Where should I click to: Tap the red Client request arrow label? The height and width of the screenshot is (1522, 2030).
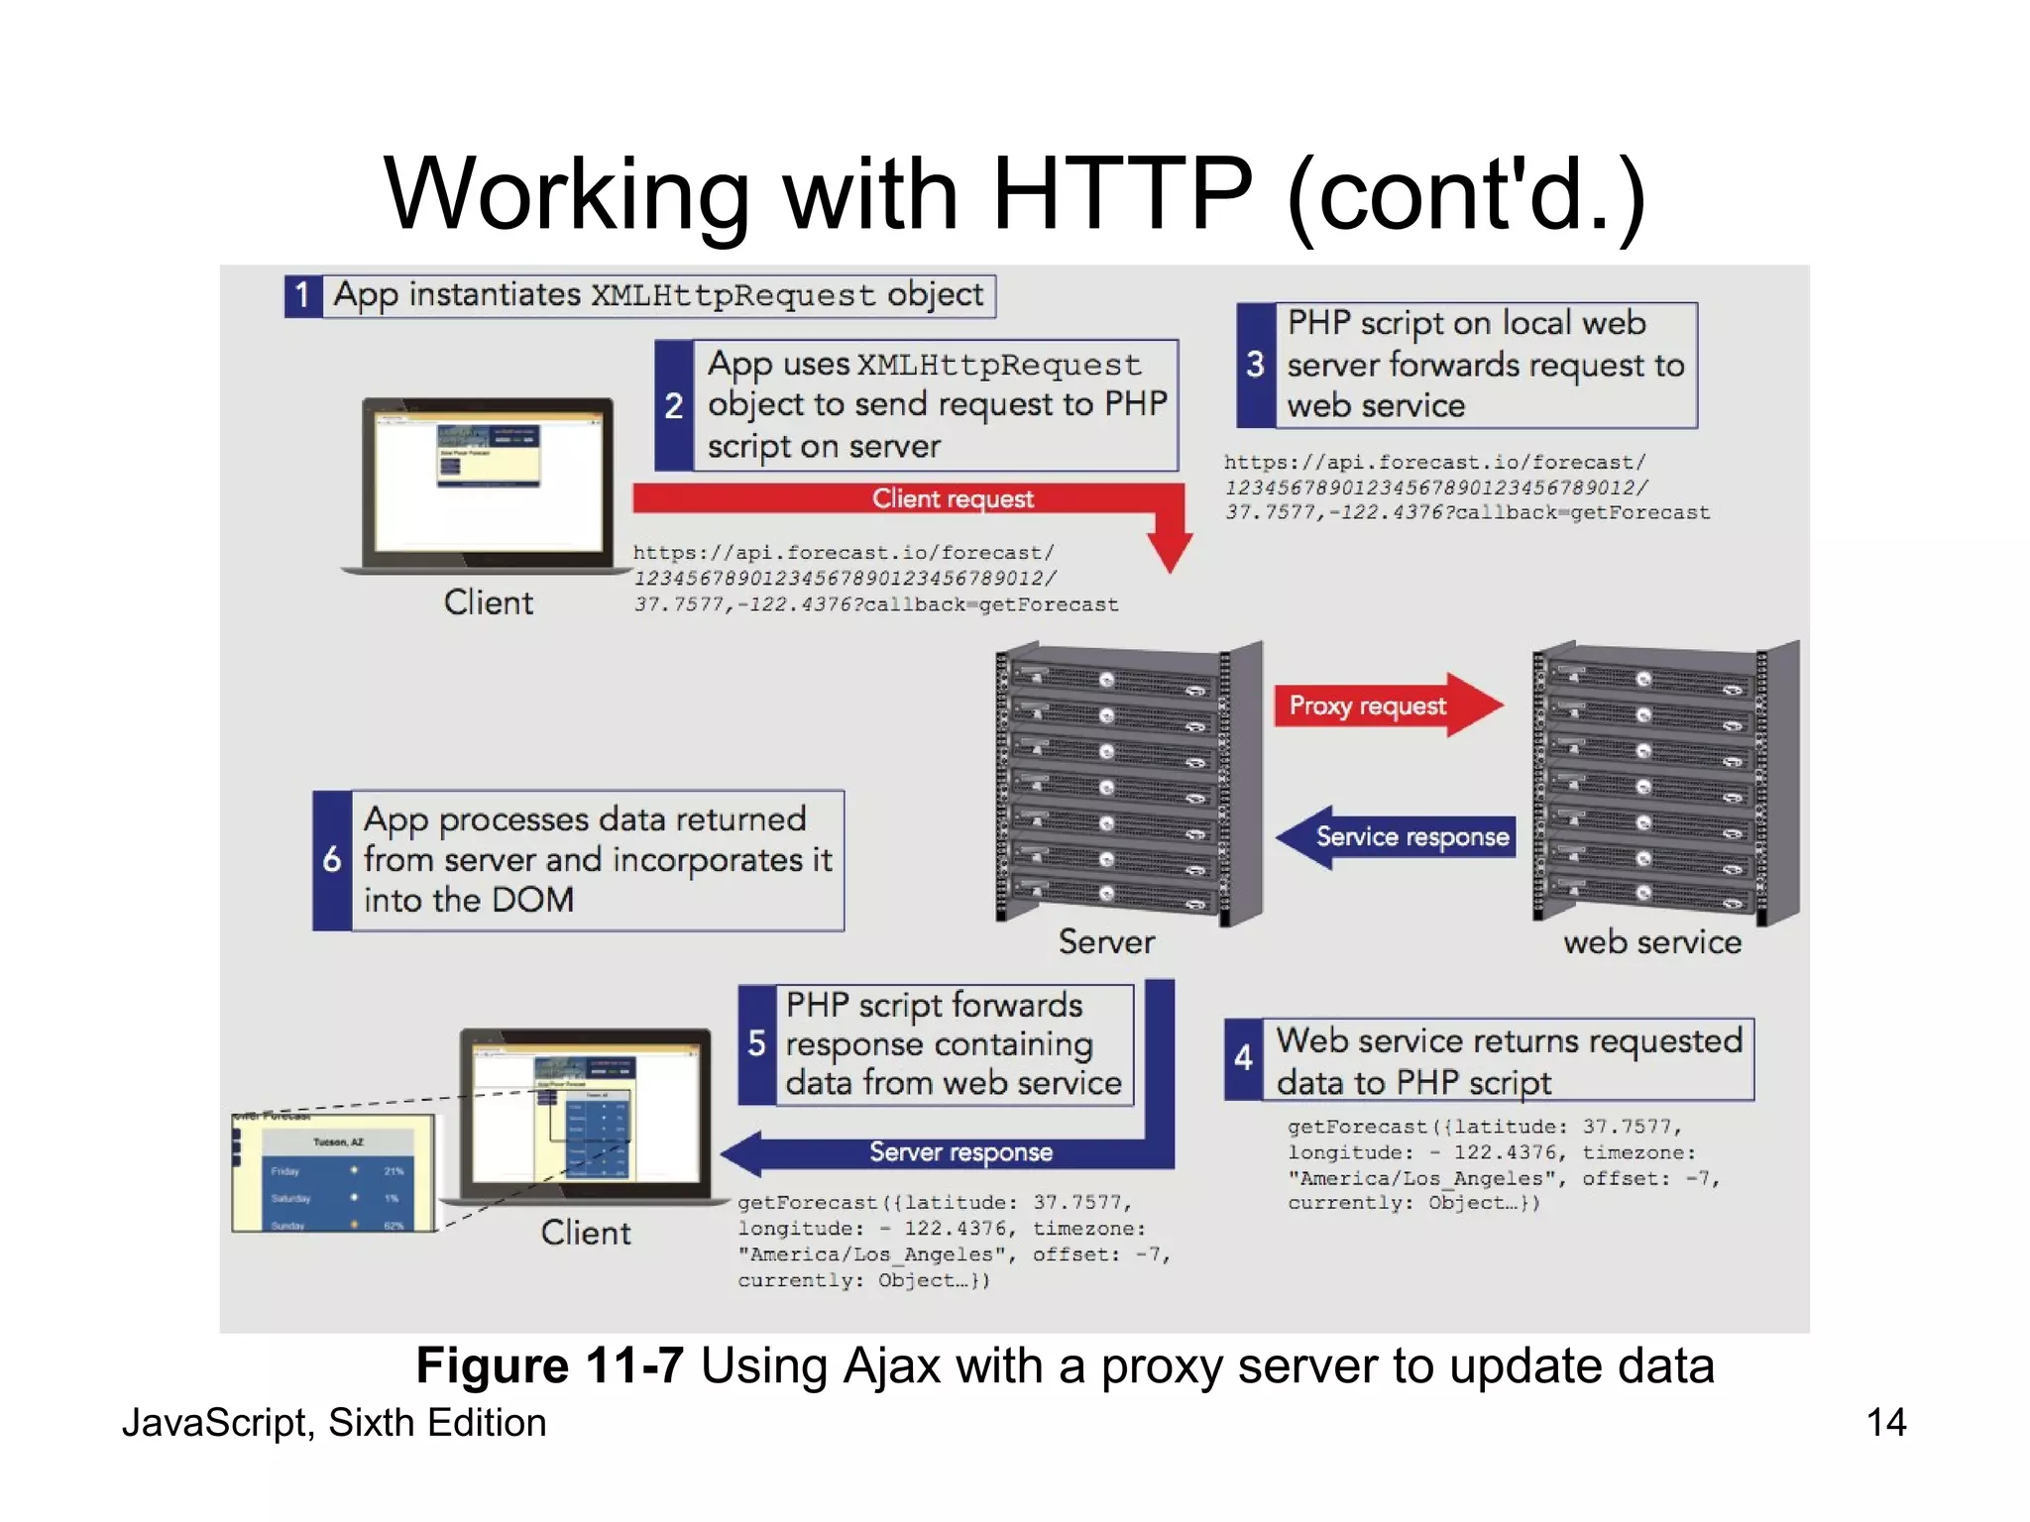[952, 498]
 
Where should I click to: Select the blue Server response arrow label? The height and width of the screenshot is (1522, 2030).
[959, 1151]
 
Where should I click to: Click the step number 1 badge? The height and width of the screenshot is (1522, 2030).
[302, 295]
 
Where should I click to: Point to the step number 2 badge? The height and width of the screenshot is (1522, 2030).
[674, 405]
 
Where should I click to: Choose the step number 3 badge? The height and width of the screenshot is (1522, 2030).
[1255, 365]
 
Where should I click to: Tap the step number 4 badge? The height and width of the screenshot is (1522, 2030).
[1243, 1059]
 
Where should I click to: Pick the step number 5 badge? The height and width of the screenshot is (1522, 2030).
[756, 1043]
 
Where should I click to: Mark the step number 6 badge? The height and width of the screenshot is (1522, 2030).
[332, 859]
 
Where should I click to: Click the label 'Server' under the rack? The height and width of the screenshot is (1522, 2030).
[1106, 941]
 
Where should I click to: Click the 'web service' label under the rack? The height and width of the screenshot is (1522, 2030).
[1651, 941]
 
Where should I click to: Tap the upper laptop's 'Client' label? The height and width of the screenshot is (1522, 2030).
[488, 602]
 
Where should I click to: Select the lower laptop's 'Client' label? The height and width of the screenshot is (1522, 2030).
[585, 1233]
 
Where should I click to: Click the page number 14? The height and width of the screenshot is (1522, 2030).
[1885, 1423]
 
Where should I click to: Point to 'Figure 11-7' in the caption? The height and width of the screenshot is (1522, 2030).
[549, 1365]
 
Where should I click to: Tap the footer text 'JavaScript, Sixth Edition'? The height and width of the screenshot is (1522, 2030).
[334, 1423]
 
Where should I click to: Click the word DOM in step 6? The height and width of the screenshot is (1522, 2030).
[532, 900]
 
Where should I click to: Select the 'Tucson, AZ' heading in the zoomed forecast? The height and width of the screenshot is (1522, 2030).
[338, 1142]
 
